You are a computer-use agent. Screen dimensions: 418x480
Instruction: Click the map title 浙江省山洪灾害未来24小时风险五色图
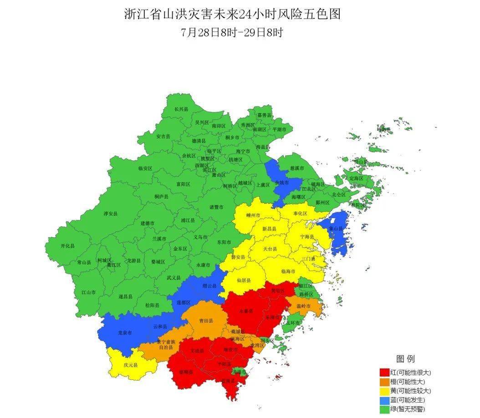232,15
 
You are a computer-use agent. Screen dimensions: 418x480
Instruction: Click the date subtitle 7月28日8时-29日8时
232,33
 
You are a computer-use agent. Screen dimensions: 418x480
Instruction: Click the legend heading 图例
405,359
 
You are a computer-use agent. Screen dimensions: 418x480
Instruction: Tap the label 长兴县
181,109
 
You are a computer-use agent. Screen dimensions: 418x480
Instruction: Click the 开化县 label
67,246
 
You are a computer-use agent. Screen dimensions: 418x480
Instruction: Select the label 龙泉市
125,333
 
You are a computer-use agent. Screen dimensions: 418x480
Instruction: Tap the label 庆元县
130,365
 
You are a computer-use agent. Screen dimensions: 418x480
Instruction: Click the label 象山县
336,229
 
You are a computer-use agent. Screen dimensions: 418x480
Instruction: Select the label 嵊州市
253,215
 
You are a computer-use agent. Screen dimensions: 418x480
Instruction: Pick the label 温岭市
303,306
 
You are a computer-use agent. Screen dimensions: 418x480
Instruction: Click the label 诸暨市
216,207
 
